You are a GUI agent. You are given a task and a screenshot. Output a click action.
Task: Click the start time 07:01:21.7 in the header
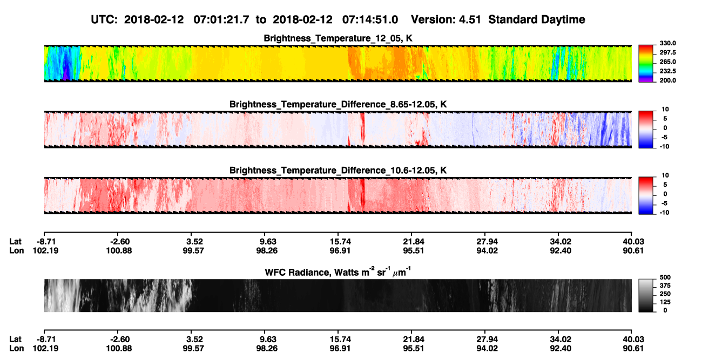pyautogui.click(x=221, y=20)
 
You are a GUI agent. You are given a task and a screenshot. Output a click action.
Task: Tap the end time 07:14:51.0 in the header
pyautogui.click(x=370, y=20)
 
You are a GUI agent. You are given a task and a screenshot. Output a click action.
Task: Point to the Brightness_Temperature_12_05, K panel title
pyautogui.click(x=338, y=38)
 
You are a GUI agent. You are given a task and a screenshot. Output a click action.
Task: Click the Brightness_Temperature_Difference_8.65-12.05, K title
pyautogui.click(x=338, y=104)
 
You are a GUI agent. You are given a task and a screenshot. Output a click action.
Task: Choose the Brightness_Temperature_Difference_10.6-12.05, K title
pyautogui.click(x=338, y=171)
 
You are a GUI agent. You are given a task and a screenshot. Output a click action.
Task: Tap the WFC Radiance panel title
pyautogui.click(x=338, y=272)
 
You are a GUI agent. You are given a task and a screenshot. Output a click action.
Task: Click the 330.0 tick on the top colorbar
pyautogui.click(x=667, y=43)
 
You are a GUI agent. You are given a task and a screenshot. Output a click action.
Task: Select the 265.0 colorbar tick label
pyautogui.click(x=667, y=62)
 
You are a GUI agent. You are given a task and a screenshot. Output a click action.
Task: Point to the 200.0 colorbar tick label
pyautogui.click(x=667, y=80)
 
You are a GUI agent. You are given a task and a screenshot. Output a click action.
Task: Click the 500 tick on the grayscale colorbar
pyautogui.click(x=665, y=277)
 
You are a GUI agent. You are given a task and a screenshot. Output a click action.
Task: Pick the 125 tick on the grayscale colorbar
pyautogui.click(x=665, y=302)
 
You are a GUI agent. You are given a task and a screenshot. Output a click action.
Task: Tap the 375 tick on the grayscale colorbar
pyautogui.click(x=665, y=286)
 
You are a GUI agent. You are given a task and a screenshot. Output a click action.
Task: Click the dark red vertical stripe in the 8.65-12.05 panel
pyautogui.click(x=362, y=128)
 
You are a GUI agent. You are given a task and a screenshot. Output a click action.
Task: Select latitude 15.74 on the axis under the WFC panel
pyautogui.click(x=340, y=339)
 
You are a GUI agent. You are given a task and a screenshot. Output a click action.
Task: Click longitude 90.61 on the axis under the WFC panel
pyautogui.click(x=633, y=349)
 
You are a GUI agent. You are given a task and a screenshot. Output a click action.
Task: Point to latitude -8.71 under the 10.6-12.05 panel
pyautogui.click(x=46, y=242)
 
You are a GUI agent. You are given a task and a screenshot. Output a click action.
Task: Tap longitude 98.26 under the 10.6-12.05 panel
pyautogui.click(x=267, y=250)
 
